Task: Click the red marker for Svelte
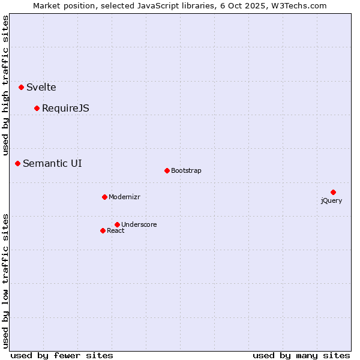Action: (x=21, y=87)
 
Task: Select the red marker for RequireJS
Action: (x=37, y=108)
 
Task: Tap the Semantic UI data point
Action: (x=17, y=163)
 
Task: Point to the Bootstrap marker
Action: (x=167, y=170)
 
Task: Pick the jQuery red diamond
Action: (x=333, y=192)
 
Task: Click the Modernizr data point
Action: (x=104, y=197)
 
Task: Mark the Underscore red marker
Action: (x=117, y=224)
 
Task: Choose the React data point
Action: (x=103, y=230)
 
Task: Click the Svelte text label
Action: (x=41, y=88)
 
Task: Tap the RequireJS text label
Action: (x=65, y=109)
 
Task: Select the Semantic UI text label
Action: (x=52, y=163)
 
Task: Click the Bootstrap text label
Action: (x=186, y=171)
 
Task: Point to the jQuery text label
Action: (x=331, y=201)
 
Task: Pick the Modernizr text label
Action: (x=124, y=197)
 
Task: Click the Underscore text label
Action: (x=139, y=225)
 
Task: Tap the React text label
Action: (x=116, y=231)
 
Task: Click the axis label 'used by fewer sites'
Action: (x=62, y=355)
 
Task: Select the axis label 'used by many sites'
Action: (x=301, y=355)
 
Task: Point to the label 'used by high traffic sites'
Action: (x=6, y=77)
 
